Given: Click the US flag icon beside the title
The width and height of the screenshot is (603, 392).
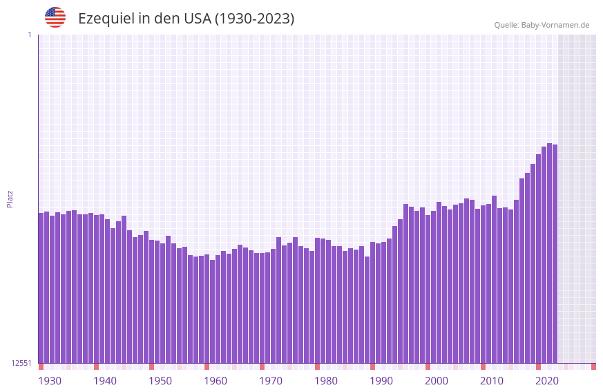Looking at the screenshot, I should point(55,17).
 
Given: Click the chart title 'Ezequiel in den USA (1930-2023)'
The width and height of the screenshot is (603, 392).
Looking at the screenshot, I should point(186,19).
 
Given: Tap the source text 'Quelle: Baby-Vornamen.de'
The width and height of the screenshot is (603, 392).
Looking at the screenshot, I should point(542,25).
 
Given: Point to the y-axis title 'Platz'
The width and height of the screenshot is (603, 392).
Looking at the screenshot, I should point(10,198).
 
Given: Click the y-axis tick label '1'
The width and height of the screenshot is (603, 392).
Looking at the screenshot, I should point(29,35).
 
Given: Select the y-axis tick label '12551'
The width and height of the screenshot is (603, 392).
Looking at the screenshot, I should point(21,363).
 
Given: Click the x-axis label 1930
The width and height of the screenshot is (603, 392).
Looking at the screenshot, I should point(50,381).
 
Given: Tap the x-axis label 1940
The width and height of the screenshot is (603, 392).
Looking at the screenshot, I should point(105,381).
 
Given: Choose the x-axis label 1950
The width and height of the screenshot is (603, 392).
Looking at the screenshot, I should point(160,381).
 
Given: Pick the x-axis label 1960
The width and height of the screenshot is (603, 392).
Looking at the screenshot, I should point(216,381).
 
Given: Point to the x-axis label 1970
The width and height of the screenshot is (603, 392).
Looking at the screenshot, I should point(271,381).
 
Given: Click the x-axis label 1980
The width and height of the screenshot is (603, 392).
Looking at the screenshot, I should point(326,381).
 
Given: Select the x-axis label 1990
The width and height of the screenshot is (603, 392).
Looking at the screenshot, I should point(381,381).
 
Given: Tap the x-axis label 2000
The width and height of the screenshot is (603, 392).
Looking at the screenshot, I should point(437,381).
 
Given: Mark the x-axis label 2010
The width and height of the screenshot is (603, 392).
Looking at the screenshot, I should point(492,381).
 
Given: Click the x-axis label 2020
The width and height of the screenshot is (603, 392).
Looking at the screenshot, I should point(547,381).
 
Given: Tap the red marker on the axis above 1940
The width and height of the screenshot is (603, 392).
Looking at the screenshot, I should point(96,366).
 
